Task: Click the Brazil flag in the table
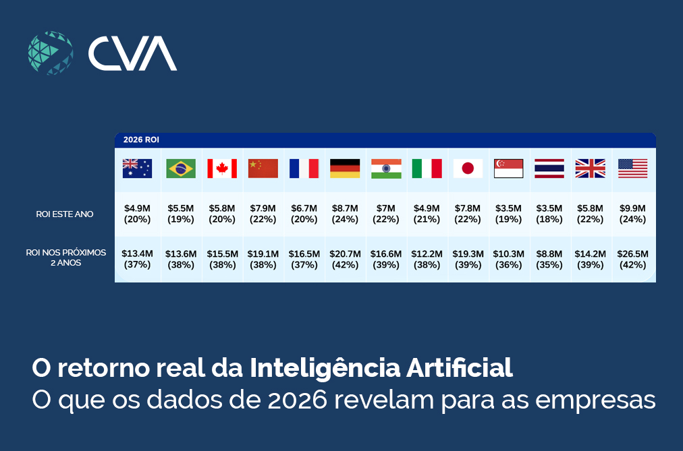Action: [x=181, y=169]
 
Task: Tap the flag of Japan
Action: [x=468, y=169]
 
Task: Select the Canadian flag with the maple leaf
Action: [x=222, y=169]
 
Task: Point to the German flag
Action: [x=345, y=169]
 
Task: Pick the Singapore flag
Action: [x=508, y=169]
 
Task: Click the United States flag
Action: [x=632, y=169]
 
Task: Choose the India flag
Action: [x=386, y=169]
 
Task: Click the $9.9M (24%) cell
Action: [x=632, y=214]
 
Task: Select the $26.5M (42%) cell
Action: [x=632, y=259]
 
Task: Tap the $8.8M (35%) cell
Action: [x=549, y=259]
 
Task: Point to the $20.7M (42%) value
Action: [x=345, y=259]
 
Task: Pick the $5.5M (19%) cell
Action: [x=181, y=214]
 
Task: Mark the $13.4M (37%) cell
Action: [x=137, y=259]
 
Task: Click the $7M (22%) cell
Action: [x=386, y=214]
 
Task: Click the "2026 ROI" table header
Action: [x=141, y=140]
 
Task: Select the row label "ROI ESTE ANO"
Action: [x=65, y=214]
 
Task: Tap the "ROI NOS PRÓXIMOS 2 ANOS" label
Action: [x=65, y=258]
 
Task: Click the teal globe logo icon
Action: [x=51, y=53]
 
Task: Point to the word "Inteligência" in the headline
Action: [x=325, y=368]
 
